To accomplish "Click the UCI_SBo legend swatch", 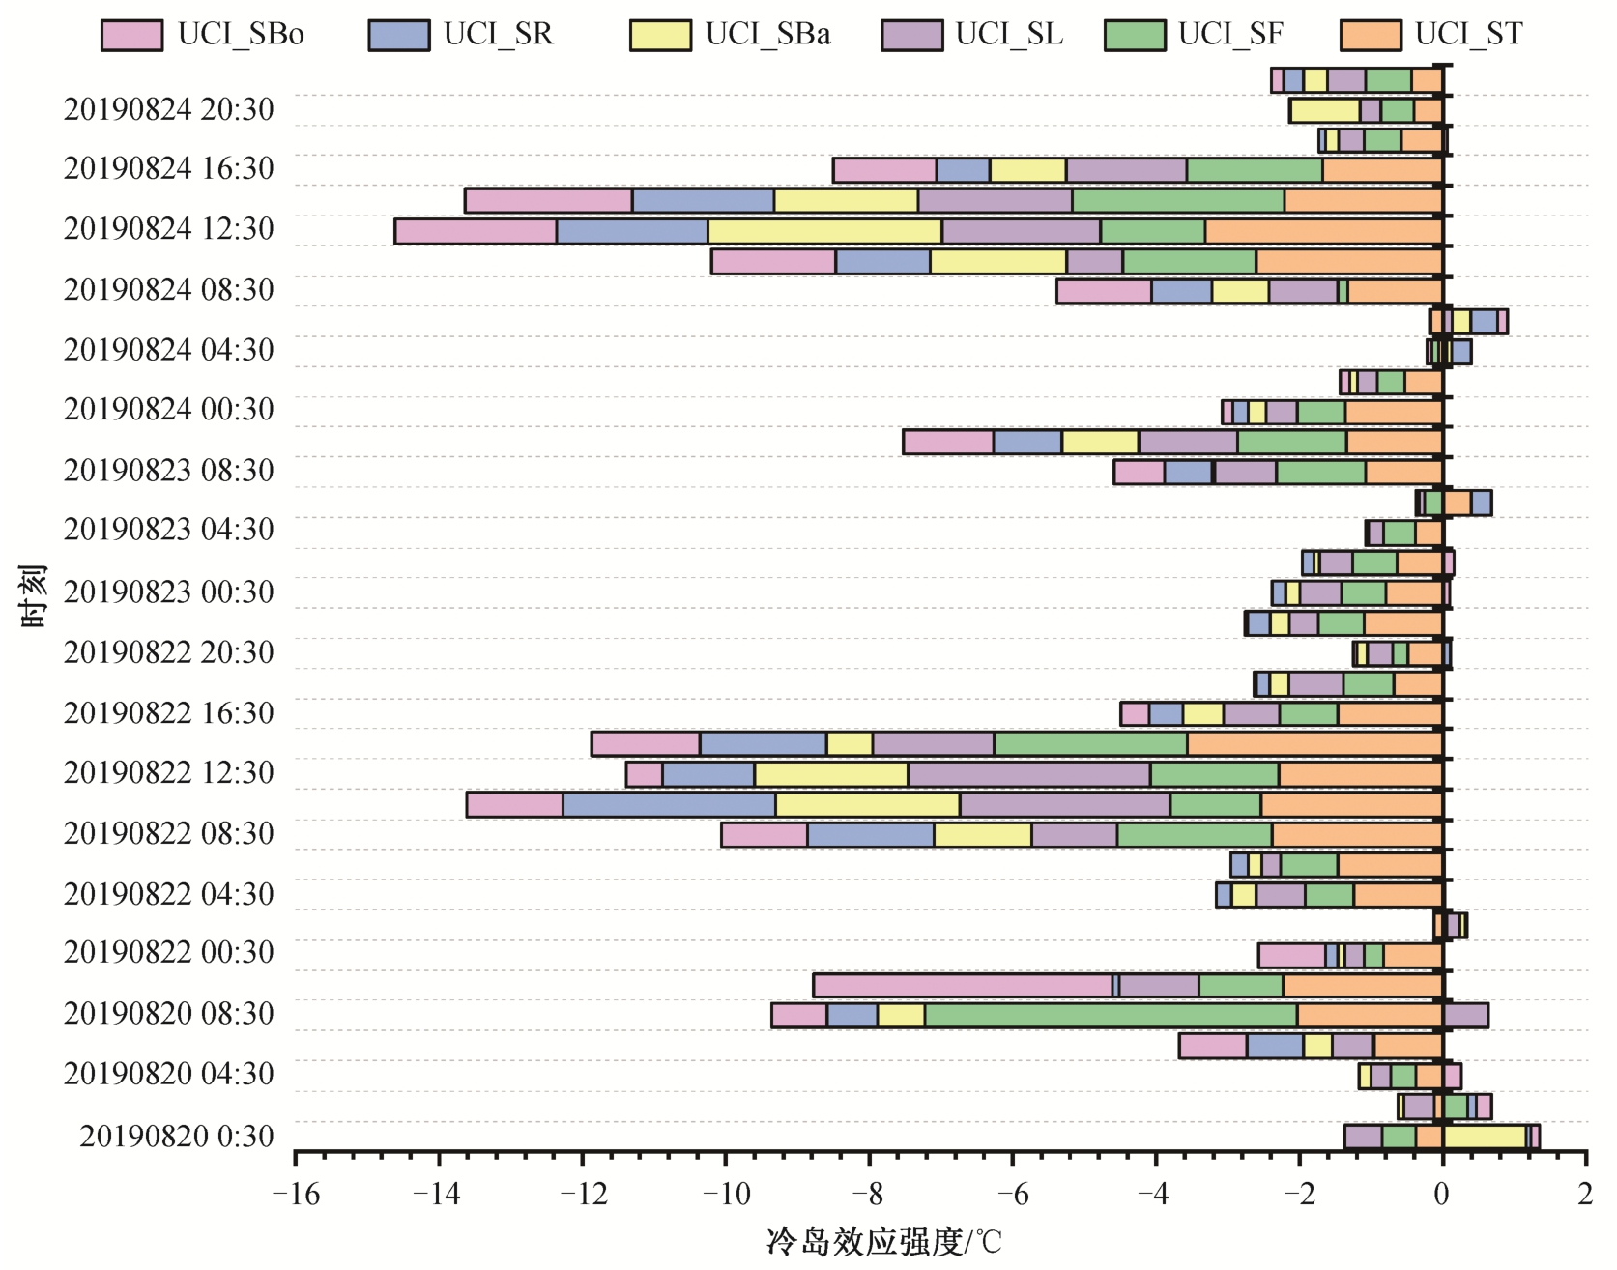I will [x=131, y=35].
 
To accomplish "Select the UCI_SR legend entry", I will [x=398, y=35].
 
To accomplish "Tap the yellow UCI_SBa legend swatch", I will [x=660, y=35].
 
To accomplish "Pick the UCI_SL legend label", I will [x=1008, y=35].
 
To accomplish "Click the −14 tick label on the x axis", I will [x=438, y=1196].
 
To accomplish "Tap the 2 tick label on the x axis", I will [x=1585, y=1196].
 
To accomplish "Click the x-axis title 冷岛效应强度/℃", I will [x=883, y=1242].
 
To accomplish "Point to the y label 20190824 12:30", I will [x=169, y=229].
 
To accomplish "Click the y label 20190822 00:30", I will [x=169, y=953].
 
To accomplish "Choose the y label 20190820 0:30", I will [x=177, y=1137].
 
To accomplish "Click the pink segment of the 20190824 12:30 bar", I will [x=476, y=232].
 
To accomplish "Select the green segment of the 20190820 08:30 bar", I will [x=1111, y=1016].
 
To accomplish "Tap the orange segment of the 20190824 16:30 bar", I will [x=1382, y=171].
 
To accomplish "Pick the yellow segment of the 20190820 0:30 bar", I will [x=1484, y=1138].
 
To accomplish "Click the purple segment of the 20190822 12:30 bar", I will [x=1028, y=775].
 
